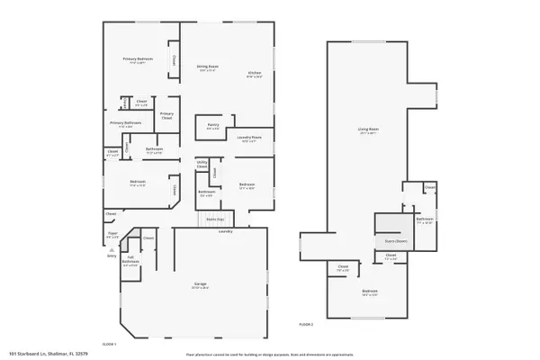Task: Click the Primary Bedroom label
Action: click(138, 60)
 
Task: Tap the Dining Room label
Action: click(207, 67)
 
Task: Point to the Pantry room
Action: click(212, 126)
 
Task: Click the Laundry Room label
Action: click(249, 139)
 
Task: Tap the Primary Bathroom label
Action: click(126, 124)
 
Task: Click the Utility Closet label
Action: click(202, 166)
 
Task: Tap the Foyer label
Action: click(113, 235)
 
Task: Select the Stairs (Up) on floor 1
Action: click(215, 219)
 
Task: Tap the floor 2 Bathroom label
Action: click(426, 220)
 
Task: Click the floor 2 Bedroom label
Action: click(369, 293)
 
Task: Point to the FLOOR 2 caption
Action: click(307, 322)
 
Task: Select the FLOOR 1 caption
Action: click(109, 344)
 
